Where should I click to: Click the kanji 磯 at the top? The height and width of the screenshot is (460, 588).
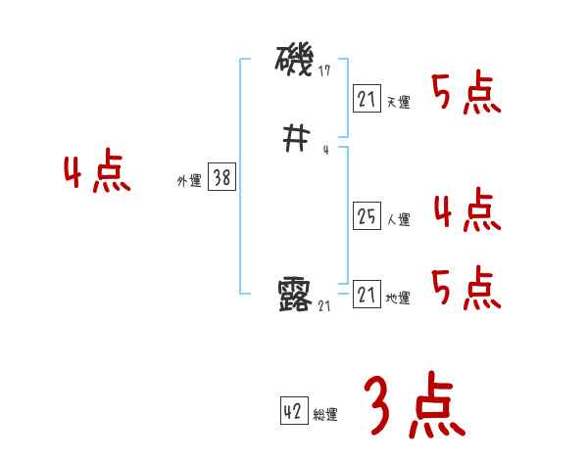pos(295,64)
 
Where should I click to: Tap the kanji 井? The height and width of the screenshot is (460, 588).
pos(295,141)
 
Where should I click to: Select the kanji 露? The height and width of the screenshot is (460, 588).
pos(295,295)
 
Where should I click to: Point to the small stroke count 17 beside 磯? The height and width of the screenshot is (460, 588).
pos(326,71)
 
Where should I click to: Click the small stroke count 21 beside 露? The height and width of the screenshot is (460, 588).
pos(326,305)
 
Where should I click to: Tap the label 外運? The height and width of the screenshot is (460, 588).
pos(188,181)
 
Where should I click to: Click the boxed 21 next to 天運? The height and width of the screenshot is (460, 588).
pos(367,98)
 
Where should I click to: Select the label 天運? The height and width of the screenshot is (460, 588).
pos(398,102)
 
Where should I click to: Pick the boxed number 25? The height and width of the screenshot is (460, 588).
pos(367,216)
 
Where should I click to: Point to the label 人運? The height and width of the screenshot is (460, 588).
pos(398,220)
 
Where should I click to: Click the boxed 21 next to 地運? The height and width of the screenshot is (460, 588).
pos(367,294)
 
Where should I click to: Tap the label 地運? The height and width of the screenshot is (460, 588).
pos(398,299)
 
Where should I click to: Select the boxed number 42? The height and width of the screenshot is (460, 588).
pos(293,411)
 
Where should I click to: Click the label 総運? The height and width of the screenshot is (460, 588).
pos(325,415)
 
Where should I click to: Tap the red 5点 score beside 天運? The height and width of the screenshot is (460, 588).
pos(465,94)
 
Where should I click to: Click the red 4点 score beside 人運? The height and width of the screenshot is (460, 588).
pos(465,210)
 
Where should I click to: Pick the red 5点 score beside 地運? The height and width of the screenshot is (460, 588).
pos(465,289)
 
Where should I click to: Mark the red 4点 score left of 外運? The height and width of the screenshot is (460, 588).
pos(96,173)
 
